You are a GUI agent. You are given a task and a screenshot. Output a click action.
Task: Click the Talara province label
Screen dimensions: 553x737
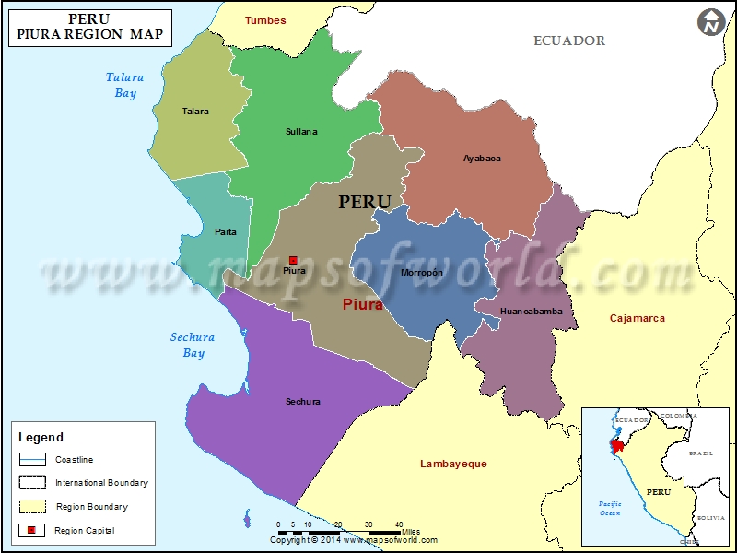pos(195,112)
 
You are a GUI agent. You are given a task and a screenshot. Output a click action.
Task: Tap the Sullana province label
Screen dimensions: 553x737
pos(301,132)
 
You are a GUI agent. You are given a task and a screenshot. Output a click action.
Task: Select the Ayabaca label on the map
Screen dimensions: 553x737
pos(482,159)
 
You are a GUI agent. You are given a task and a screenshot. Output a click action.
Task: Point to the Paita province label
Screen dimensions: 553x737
pos(225,232)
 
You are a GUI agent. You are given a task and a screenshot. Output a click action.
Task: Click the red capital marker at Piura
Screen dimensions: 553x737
pos(293,260)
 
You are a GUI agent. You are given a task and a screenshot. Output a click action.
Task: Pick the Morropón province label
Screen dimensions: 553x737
pos(422,273)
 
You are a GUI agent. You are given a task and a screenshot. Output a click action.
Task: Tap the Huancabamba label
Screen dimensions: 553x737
pos(531,312)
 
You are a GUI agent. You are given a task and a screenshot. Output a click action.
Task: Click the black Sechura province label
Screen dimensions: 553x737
pos(303,402)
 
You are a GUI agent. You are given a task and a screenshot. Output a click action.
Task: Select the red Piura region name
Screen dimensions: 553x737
pos(362,304)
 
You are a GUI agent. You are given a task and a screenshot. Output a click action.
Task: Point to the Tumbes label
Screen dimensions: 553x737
pos(265,20)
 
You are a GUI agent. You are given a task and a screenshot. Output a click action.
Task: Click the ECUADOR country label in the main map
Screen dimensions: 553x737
pos(569,41)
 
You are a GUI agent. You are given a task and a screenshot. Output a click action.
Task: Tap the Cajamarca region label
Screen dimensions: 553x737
pos(638,319)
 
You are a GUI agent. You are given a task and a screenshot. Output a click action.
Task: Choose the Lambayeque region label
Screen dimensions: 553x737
pos(453,464)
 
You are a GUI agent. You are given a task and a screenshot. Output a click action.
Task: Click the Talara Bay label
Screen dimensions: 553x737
pos(125,86)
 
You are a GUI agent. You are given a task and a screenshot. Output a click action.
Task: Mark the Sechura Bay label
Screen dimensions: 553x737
pos(193,346)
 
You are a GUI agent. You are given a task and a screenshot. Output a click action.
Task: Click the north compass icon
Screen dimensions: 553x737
pos(710,22)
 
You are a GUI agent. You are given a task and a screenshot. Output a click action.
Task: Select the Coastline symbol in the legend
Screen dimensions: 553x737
pos(33,459)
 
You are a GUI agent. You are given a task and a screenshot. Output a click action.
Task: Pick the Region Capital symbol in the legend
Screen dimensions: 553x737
pos(33,530)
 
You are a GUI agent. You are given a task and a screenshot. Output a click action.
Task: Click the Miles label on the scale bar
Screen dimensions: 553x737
pos(411,532)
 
